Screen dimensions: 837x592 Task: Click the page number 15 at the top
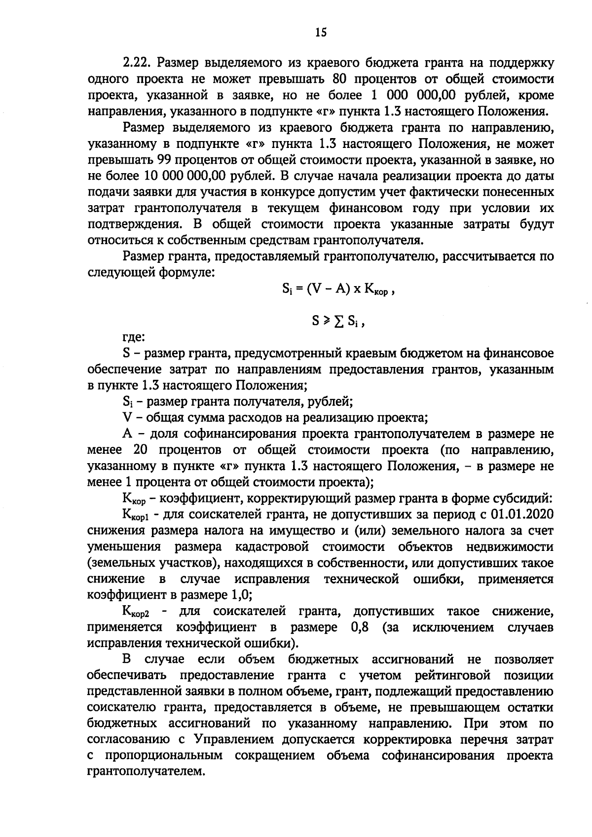tap(320, 33)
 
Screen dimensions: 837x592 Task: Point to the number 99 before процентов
tap(165, 160)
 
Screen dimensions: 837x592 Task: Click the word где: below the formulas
tap(133, 338)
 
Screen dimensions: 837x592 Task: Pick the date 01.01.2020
tap(522, 514)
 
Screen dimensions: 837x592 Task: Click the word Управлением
tap(234, 740)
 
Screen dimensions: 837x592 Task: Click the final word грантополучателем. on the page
tap(146, 772)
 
